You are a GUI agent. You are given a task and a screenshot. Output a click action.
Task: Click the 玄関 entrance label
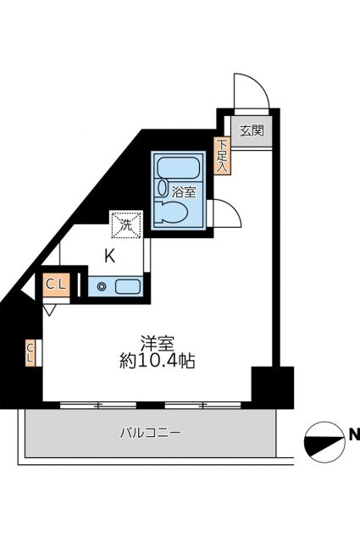click(250, 131)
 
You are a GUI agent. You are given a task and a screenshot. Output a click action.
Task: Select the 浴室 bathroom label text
click(184, 191)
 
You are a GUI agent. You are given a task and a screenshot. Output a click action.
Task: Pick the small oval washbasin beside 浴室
click(162, 190)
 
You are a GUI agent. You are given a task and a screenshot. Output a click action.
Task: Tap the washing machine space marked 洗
click(125, 225)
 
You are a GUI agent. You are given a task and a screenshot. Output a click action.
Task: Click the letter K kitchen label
click(110, 255)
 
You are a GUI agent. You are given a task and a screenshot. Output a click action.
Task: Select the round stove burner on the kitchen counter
click(102, 286)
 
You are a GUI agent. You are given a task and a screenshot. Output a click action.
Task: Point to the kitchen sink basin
click(127, 286)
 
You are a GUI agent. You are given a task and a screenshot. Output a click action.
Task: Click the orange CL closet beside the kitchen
click(56, 285)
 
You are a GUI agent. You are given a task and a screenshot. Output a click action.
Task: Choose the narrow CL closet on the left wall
click(30, 351)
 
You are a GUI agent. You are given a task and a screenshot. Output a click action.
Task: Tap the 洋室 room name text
click(158, 344)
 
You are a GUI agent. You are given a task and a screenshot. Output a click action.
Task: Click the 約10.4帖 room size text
click(158, 362)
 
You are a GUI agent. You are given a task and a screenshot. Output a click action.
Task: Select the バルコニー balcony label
click(149, 434)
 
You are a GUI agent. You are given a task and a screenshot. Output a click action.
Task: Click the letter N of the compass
click(353, 436)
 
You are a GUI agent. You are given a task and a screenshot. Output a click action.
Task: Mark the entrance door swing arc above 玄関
click(250, 89)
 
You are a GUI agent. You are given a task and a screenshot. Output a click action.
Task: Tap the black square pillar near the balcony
click(271, 386)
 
